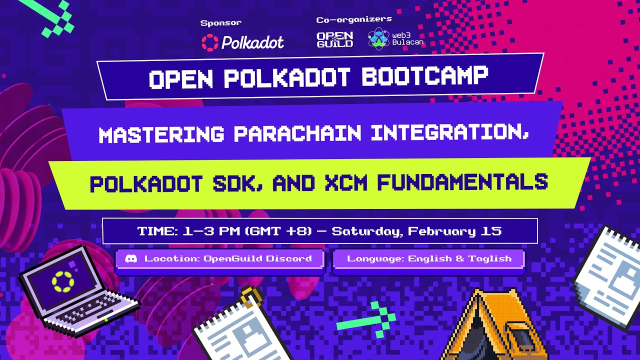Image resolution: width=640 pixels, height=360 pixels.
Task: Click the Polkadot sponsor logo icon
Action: coord(209,42)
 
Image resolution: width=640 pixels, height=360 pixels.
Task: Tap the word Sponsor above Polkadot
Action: coord(220,22)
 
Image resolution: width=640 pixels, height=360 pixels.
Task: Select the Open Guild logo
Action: coord(335,39)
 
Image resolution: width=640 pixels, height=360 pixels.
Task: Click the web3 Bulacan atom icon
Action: coord(378,39)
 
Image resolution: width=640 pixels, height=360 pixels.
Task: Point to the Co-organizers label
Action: coord(353,19)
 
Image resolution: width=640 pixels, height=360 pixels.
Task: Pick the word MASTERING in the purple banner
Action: coord(161,134)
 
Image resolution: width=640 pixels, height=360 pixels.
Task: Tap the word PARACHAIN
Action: coord(297,133)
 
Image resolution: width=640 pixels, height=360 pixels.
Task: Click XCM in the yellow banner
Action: coord(345,183)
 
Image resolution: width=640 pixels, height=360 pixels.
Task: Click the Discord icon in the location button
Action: coord(131,258)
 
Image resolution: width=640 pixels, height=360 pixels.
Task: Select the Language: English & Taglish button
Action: coord(429,258)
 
